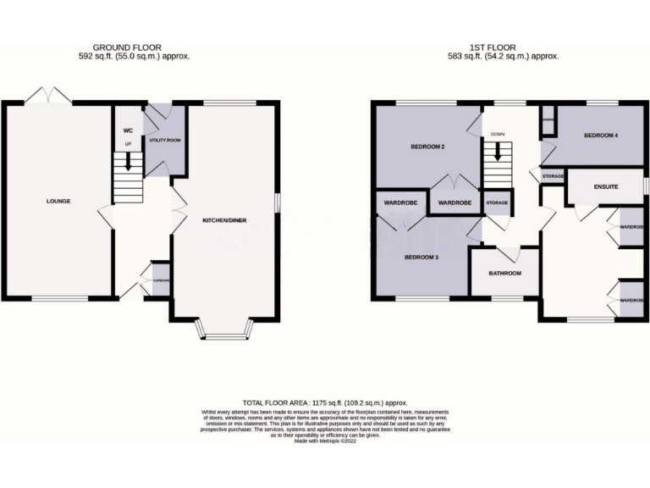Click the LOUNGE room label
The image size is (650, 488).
point(58,202)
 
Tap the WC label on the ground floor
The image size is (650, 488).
point(128,130)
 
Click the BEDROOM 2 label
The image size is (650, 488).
point(428,147)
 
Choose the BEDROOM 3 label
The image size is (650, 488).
point(421,257)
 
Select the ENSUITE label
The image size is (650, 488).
point(606,186)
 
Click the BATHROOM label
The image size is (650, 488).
point(505,274)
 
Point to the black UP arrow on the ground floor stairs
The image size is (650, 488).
point(129,159)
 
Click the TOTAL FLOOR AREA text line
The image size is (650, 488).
point(326,403)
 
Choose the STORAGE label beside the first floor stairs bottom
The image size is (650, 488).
point(497,203)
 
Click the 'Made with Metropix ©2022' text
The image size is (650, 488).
point(326,441)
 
